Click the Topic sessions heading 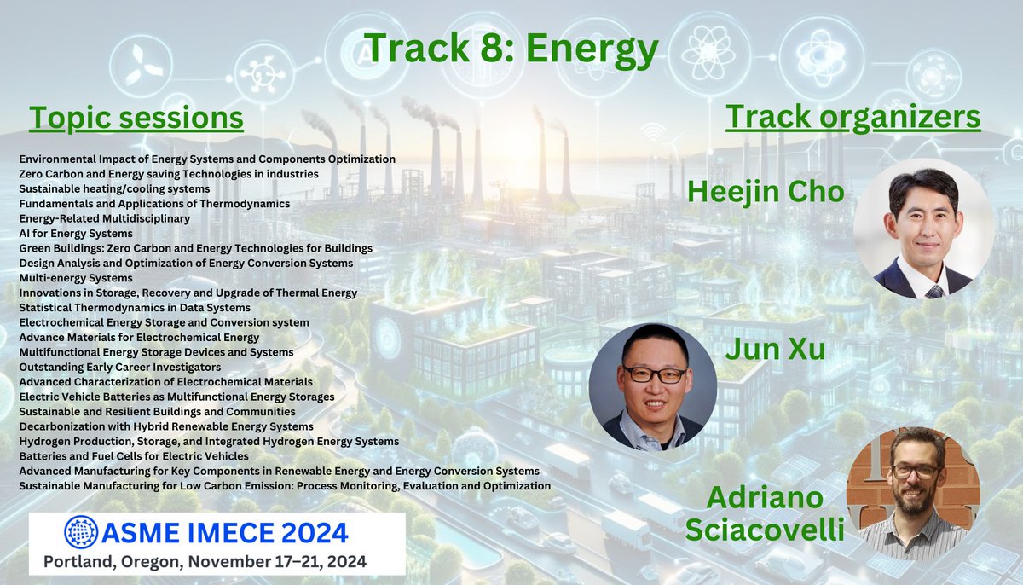(x=136, y=119)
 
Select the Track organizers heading (x=852, y=118)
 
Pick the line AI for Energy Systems (x=76, y=234)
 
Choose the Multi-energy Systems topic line (x=76, y=278)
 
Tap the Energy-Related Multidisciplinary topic (x=104, y=218)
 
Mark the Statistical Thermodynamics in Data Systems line (x=135, y=307)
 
